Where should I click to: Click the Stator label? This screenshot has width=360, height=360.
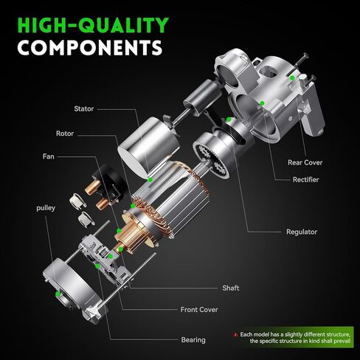84,108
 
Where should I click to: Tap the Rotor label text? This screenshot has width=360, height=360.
65,134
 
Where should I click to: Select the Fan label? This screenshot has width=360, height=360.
49,156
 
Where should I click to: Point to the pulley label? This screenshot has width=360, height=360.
46,208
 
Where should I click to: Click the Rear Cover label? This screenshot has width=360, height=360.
305,162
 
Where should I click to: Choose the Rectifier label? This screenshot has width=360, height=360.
305,180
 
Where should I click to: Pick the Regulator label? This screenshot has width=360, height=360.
302,232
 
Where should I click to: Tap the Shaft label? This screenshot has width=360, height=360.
231,288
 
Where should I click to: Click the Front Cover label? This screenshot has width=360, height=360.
199,310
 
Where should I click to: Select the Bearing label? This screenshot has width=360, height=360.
193,340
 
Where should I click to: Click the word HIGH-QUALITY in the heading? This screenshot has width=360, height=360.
93,25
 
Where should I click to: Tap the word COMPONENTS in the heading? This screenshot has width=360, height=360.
90,47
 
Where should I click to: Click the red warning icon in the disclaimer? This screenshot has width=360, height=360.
235,335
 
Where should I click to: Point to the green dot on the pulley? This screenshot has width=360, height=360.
58,294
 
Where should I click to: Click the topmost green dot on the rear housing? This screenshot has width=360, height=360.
292,78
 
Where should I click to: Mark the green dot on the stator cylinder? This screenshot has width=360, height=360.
150,180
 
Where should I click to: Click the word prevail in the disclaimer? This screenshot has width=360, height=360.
342,341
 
